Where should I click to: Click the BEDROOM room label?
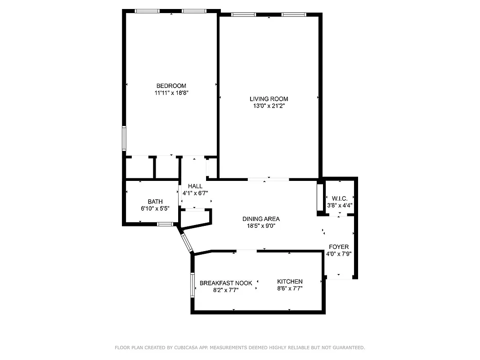171,86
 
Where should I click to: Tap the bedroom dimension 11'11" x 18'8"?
171,93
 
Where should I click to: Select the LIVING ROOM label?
269,99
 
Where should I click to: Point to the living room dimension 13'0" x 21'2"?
269,106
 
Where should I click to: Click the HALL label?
195,186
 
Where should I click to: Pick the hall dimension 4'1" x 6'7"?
195,193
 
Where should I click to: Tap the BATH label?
155,202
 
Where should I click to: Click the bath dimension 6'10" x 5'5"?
155,209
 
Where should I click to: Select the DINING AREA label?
261,219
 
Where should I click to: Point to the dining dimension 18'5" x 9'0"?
261,226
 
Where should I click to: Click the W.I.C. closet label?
340,198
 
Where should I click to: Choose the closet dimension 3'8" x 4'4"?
340,205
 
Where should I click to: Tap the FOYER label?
339,247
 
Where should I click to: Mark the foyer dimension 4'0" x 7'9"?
339,254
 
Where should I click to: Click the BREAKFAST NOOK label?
226,283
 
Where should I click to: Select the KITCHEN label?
290,282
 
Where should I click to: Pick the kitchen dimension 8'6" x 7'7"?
290,289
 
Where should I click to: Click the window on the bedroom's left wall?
124,138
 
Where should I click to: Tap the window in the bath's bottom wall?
165,224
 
